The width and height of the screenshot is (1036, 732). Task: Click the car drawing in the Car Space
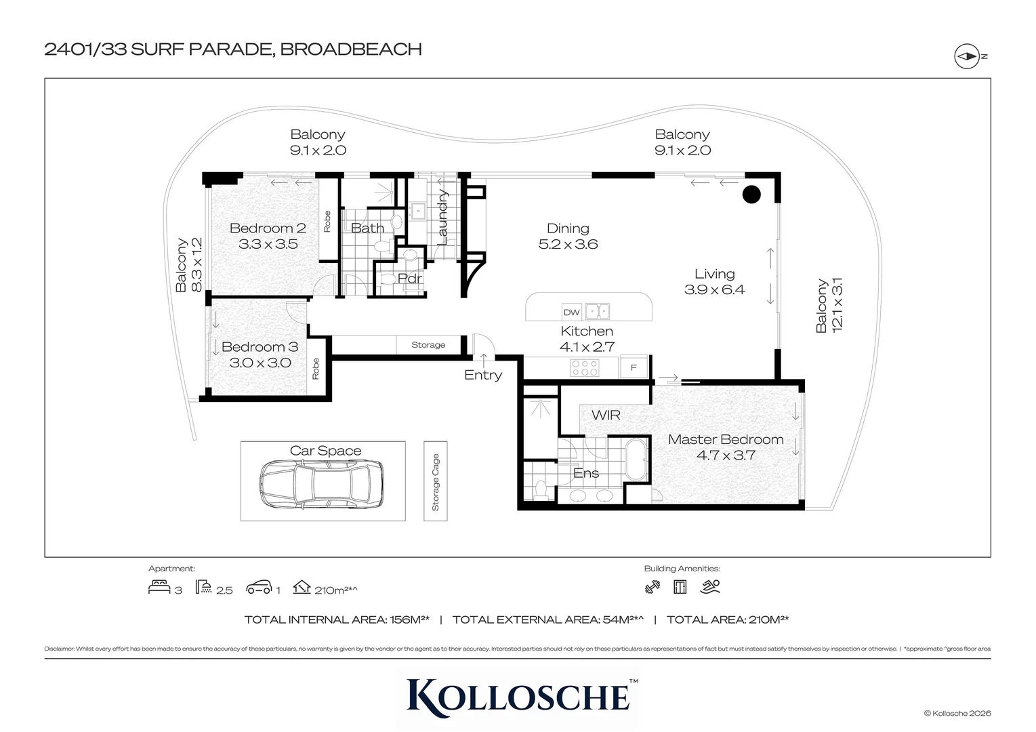(x=321, y=484)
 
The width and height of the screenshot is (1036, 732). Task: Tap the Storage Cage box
(x=436, y=481)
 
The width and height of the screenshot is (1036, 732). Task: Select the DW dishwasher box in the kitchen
(x=571, y=312)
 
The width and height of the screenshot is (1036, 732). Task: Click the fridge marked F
(x=634, y=367)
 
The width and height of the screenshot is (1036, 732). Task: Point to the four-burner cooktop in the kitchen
(x=585, y=367)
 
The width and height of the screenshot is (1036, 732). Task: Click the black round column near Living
(x=751, y=195)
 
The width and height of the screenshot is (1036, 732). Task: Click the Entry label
(x=483, y=375)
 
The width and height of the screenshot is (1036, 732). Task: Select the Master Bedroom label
(x=726, y=439)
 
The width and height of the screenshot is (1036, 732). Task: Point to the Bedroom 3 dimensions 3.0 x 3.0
(x=260, y=363)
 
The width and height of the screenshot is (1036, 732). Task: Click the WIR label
(x=606, y=415)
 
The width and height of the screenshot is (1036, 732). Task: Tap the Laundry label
(x=442, y=217)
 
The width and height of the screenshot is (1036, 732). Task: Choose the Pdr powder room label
(x=410, y=279)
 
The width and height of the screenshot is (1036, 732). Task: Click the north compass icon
(x=967, y=56)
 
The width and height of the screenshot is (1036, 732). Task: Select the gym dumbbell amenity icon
(x=652, y=587)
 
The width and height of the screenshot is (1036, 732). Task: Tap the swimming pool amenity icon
(x=711, y=586)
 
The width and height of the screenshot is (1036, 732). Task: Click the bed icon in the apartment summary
(x=159, y=587)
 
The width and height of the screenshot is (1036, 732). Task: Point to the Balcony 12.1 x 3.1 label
(x=829, y=305)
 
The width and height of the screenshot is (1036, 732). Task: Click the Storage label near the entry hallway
(x=428, y=345)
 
